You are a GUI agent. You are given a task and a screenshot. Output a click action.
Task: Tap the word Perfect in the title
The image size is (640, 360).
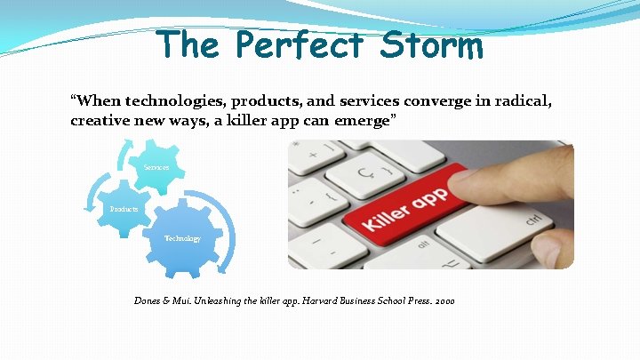(301, 44)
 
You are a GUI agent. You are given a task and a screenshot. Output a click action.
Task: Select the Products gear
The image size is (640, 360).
(124, 209)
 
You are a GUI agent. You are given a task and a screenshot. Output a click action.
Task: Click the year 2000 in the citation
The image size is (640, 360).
(444, 301)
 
